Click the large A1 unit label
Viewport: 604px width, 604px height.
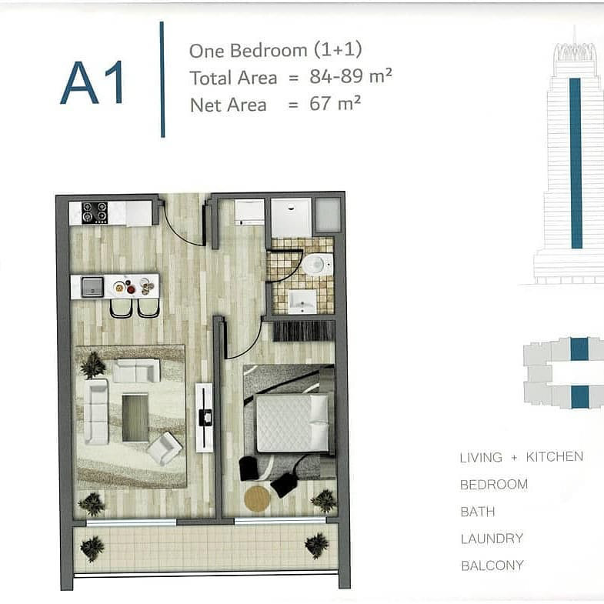click(x=92, y=82)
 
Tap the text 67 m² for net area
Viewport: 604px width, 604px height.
click(x=335, y=103)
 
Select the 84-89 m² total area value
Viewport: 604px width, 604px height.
click(x=351, y=75)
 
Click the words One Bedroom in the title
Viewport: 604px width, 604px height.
click(x=248, y=51)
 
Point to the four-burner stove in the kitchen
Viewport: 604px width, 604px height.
click(x=95, y=212)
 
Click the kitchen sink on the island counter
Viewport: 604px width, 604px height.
click(x=92, y=287)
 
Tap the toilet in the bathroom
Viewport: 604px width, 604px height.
click(x=318, y=265)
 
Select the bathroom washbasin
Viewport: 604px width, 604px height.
click(x=302, y=302)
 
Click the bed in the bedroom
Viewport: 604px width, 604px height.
click(x=292, y=423)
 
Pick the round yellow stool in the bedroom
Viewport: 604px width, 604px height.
click(x=257, y=499)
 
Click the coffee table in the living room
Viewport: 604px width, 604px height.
click(x=135, y=418)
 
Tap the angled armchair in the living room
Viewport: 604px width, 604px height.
click(x=164, y=448)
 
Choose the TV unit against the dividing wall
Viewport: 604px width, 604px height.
click(x=204, y=417)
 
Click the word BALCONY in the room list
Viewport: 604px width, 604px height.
click(x=492, y=566)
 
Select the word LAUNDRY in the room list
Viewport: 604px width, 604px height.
click(x=492, y=538)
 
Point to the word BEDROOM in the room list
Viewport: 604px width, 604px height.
click(x=494, y=484)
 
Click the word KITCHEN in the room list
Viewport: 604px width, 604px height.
click(x=554, y=456)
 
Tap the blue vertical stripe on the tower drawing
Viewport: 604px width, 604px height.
click(x=576, y=163)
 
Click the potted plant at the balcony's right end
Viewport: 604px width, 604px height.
click(x=317, y=545)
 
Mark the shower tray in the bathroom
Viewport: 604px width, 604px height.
click(x=291, y=218)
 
